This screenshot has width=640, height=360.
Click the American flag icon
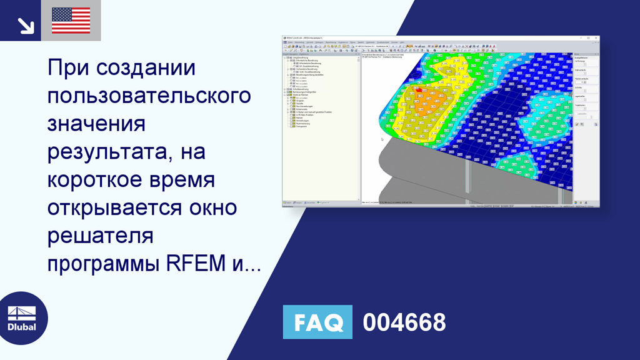pos(71,21)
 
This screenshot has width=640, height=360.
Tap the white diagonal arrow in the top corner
pos(26,26)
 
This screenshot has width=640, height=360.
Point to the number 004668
pos(404,322)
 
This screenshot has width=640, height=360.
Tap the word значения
pos(96,124)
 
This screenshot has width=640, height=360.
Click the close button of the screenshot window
pos(596,39)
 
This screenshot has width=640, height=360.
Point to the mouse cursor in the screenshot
pos(382,139)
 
